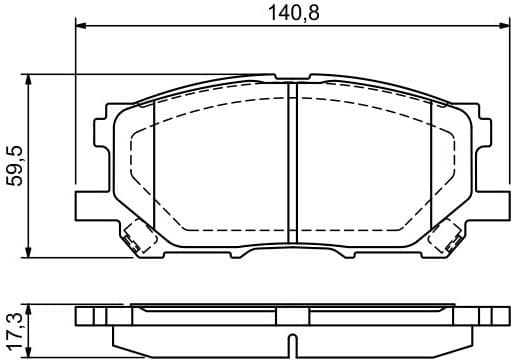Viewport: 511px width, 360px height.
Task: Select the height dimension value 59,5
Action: point(13,164)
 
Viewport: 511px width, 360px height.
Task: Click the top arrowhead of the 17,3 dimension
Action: point(33,305)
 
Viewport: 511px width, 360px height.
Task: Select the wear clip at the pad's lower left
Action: point(135,240)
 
